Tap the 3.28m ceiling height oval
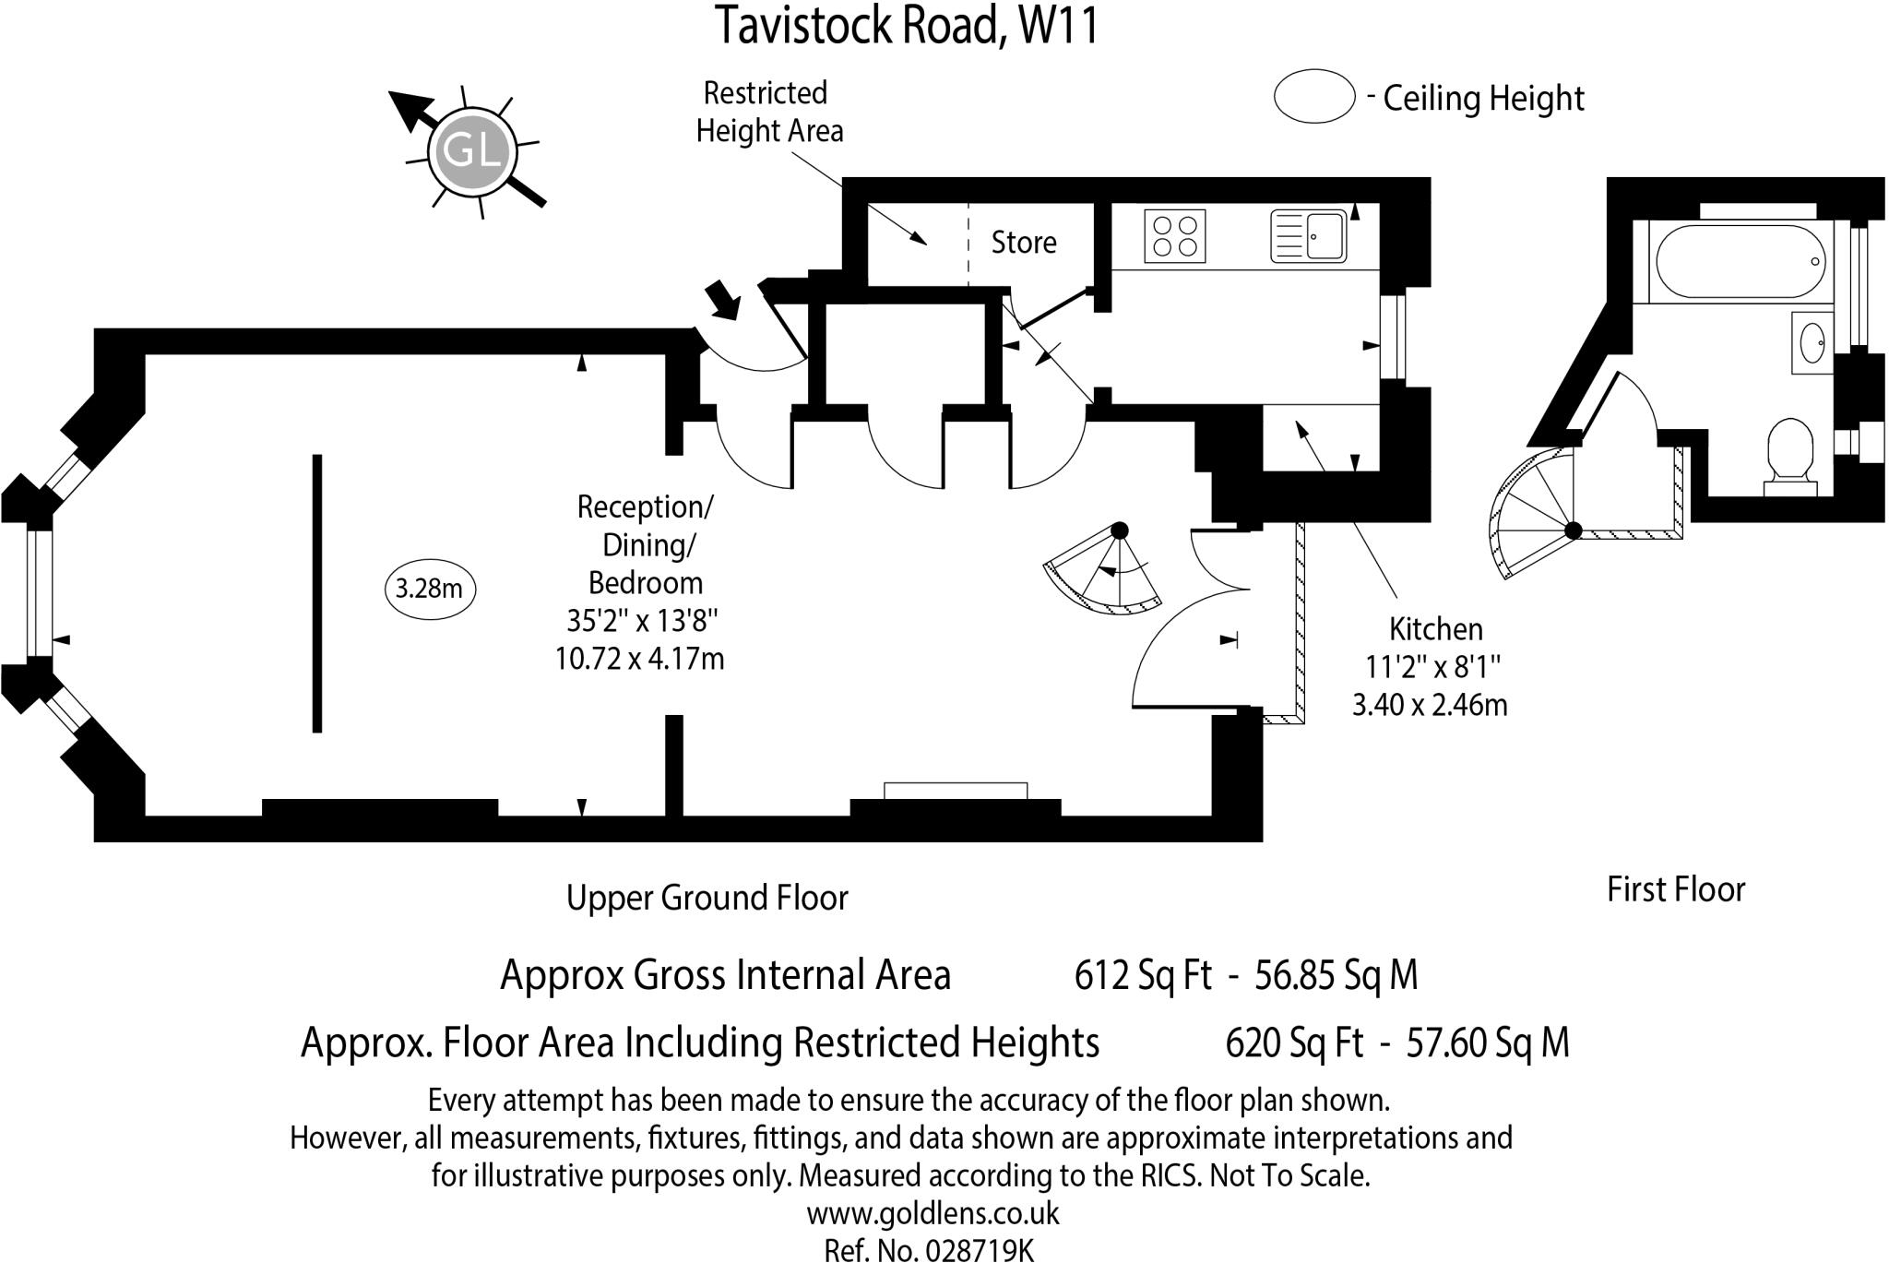click(429, 589)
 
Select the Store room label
click(1023, 243)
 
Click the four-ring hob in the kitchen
click(1175, 236)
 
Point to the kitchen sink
click(1309, 236)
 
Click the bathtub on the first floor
click(1740, 261)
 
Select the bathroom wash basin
click(1812, 342)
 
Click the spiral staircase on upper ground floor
click(1102, 572)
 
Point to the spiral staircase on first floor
click(1531, 517)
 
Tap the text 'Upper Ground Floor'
click(707, 898)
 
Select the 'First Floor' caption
click(1675, 889)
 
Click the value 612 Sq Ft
click(1142, 975)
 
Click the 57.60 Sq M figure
click(1487, 1043)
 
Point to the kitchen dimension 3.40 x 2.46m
click(1429, 706)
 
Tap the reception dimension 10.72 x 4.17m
click(639, 660)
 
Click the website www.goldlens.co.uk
click(933, 1213)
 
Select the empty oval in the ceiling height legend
click(1313, 96)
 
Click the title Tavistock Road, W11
click(908, 26)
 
